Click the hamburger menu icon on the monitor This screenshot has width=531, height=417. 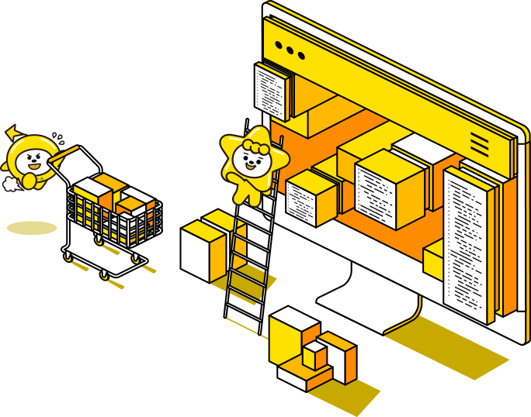(x=480, y=143)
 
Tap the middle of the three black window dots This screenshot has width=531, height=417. (x=290, y=51)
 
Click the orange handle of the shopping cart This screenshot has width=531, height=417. (x=65, y=152)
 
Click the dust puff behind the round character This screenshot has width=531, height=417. (x=10, y=184)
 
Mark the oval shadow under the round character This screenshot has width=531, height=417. (x=32, y=228)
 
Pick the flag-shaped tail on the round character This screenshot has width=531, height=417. (x=12, y=133)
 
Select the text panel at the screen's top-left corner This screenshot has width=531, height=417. (x=272, y=90)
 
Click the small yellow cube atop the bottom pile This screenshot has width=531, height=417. (x=314, y=356)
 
